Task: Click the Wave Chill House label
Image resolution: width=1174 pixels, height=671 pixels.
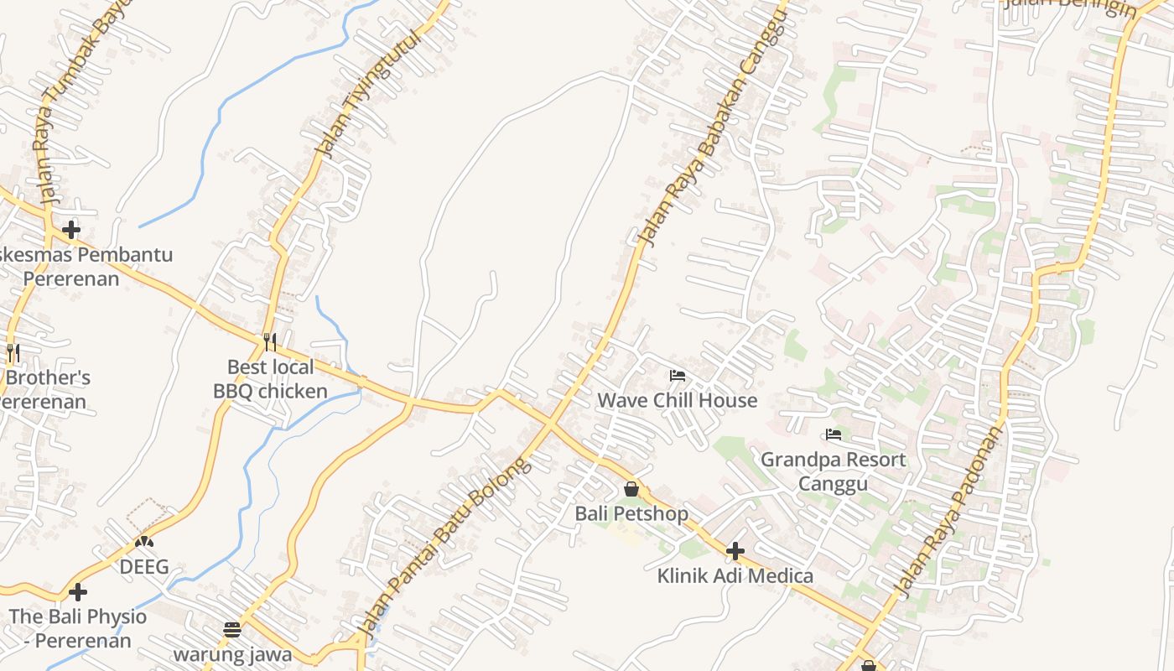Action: [x=677, y=400]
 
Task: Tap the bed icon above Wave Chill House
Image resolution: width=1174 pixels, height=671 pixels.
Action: [x=678, y=375]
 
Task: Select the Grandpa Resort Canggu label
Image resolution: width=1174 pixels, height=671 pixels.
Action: [x=833, y=471]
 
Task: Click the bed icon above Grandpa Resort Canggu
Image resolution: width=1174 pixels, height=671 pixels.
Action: [x=833, y=434]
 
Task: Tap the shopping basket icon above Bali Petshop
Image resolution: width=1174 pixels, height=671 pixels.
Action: [x=631, y=488]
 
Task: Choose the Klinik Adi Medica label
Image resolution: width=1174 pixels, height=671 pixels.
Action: [x=735, y=575]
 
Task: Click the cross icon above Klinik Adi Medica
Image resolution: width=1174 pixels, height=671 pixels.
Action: [x=735, y=551]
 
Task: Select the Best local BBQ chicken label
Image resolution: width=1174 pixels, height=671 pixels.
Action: [x=270, y=379]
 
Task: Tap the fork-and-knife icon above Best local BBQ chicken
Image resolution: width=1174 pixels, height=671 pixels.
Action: [x=269, y=341]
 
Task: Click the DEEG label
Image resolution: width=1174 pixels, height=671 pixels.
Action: [x=144, y=567]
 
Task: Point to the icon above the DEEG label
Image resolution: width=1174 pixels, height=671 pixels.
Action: [x=144, y=543]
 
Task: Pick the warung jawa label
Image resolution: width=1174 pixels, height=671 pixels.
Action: [x=232, y=653]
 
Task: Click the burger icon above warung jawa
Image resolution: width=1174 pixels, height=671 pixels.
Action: [x=232, y=629]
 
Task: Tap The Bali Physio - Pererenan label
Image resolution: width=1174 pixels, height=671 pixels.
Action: [x=77, y=628]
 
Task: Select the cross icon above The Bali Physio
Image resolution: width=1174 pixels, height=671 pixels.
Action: [x=78, y=592]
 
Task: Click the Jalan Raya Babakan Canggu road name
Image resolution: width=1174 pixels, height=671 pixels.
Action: [x=714, y=126]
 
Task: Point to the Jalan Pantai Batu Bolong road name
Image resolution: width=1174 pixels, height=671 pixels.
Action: [x=444, y=545]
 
